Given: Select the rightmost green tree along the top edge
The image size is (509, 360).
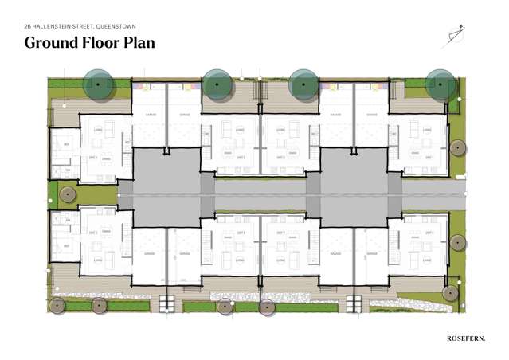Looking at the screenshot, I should pos(440,84).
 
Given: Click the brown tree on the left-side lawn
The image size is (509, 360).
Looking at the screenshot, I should pos(68,194).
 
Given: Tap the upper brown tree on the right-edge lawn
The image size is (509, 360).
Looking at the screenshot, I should pos(457,147).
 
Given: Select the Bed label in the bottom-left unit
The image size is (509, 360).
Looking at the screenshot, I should pos(66,246).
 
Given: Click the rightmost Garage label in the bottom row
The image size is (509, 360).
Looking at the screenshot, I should pos(370,254).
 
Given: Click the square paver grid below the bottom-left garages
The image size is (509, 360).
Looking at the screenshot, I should pos(167,303).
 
